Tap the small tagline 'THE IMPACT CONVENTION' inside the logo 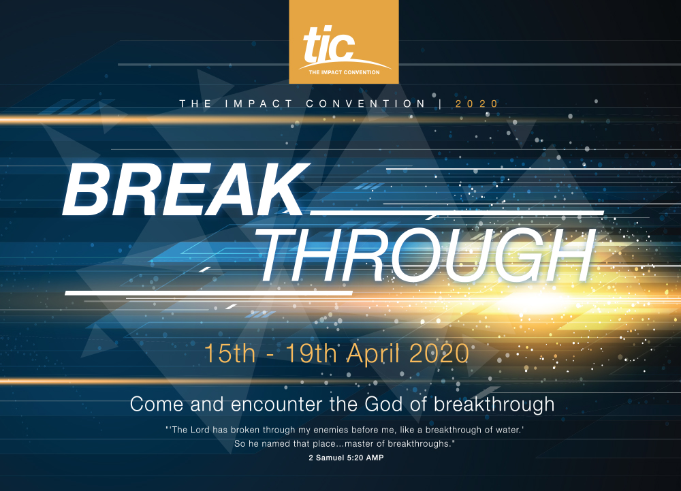click(x=344, y=72)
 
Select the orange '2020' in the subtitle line click(x=477, y=104)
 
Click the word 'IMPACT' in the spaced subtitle click(x=259, y=104)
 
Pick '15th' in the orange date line click(x=229, y=353)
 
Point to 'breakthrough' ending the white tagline click(x=494, y=405)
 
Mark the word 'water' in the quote click(x=509, y=430)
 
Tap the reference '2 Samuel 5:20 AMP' click(x=346, y=458)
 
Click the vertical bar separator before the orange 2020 click(x=441, y=104)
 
